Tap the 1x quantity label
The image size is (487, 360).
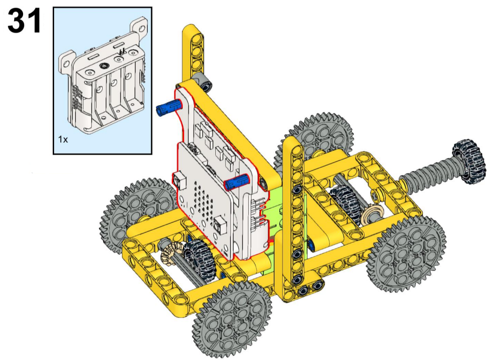point(63,139)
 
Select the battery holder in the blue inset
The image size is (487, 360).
point(103,76)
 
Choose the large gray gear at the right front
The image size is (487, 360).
point(406,254)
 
